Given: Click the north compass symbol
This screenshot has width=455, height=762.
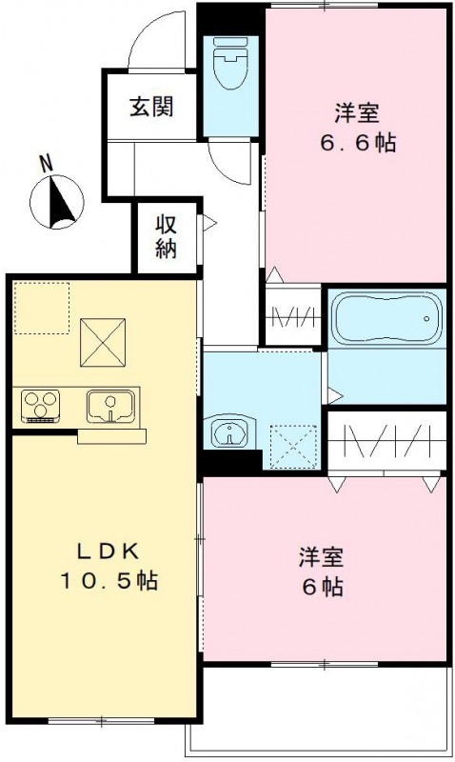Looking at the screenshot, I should [58, 202].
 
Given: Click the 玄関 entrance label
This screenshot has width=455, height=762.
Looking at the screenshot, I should [151, 107].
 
